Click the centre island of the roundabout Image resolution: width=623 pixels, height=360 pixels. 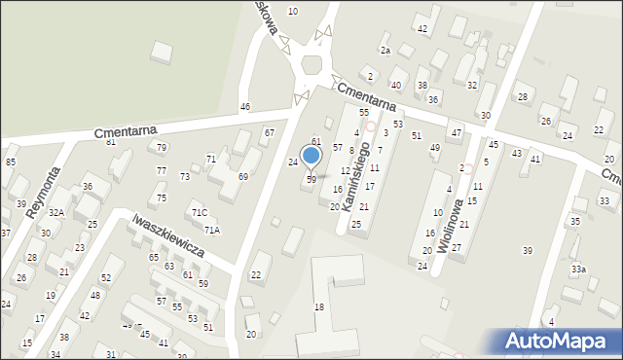click(x=312, y=65)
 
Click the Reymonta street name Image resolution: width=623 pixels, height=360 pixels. click(x=44, y=193)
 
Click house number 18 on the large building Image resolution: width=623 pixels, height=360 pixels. click(x=318, y=307)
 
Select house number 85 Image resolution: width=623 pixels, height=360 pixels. click(x=11, y=162)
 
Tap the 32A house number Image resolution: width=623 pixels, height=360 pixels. click(x=56, y=212)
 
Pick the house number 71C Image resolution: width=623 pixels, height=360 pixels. click(x=199, y=212)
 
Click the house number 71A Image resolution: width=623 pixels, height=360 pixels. click(x=212, y=230)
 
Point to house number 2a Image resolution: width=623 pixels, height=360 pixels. click(x=385, y=50)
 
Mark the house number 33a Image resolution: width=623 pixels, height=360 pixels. click(x=578, y=269)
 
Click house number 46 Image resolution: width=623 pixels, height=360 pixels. click(x=245, y=106)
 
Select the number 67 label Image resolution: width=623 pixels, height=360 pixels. click(x=270, y=132)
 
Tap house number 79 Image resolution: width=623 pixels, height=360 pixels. click(x=162, y=148)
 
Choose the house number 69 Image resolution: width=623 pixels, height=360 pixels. click(x=242, y=176)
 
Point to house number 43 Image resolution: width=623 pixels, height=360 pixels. click(x=517, y=153)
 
